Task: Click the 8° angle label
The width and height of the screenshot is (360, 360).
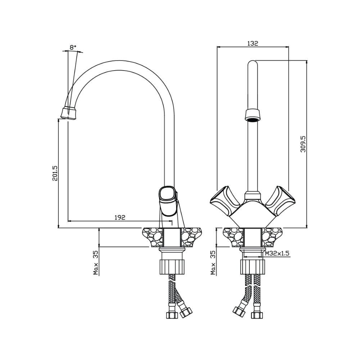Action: click(73, 48)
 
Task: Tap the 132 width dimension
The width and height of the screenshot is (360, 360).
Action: click(253, 44)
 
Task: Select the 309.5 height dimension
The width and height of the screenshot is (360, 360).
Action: click(303, 144)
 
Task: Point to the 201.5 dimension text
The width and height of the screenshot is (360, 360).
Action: click(55, 173)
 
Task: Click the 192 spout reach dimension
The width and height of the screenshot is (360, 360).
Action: click(120, 217)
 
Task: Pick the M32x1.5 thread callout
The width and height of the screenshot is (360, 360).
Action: click(277, 253)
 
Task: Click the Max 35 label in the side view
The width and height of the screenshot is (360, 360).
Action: click(96, 263)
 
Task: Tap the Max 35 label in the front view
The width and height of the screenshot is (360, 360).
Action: click(213, 263)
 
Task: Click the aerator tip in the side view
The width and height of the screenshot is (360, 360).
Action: click(69, 113)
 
